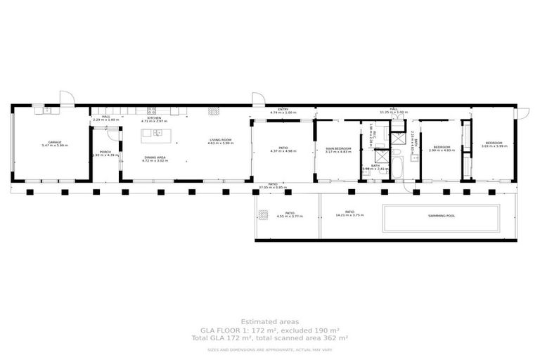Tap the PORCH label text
point(105,152)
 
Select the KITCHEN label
point(154,118)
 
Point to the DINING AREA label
point(155,157)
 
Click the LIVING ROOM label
point(220,141)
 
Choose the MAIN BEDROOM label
point(338,148)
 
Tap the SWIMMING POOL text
point(441,216)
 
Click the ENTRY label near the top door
point(283,110)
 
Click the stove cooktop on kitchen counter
point(151,110)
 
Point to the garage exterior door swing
point(66,98)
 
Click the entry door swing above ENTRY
point(259,99)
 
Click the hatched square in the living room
point(213,111)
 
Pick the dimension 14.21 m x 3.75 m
point(349,216)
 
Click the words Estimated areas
point(269,322)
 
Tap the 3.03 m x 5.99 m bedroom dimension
point(494,146)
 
